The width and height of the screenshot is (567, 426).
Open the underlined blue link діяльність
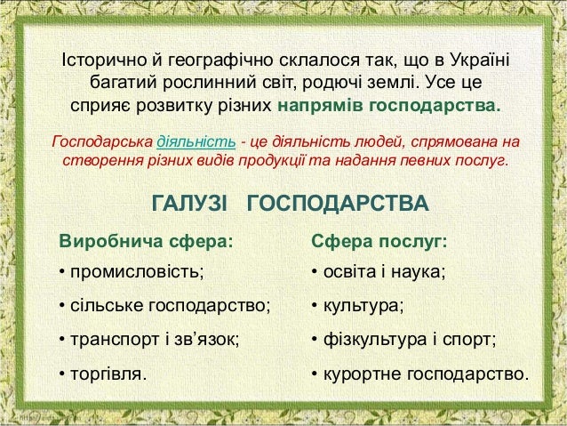point(196,142)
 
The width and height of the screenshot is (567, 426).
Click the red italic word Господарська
point(103,142)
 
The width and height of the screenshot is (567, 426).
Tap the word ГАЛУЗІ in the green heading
point(192,205)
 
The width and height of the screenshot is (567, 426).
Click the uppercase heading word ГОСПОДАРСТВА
point(337,205)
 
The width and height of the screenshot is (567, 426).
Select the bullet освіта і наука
point(383,271)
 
